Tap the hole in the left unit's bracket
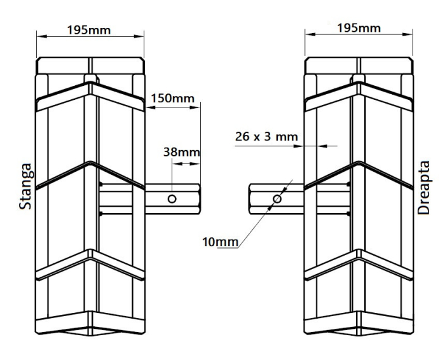[172, 199]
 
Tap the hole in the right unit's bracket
[277, 199]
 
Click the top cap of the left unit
[92, 66]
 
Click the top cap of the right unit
[359, 66]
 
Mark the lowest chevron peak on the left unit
[92, 254]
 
